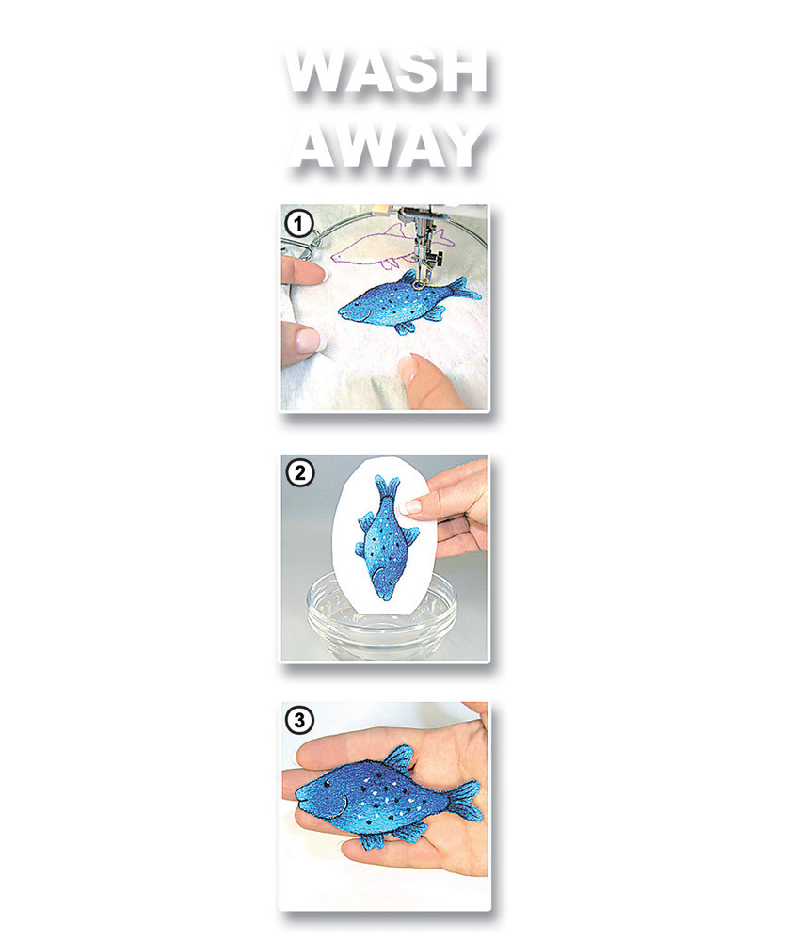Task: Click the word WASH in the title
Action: coord(386,72)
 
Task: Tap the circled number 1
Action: coord(298,225)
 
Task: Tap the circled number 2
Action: coord(299,473)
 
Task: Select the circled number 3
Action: coord(299,719)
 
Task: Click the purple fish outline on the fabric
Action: coord(390,246)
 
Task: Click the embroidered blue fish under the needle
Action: coord(408,302)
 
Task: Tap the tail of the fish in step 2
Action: coord(387,487)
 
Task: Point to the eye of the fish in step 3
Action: coord(328,784)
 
